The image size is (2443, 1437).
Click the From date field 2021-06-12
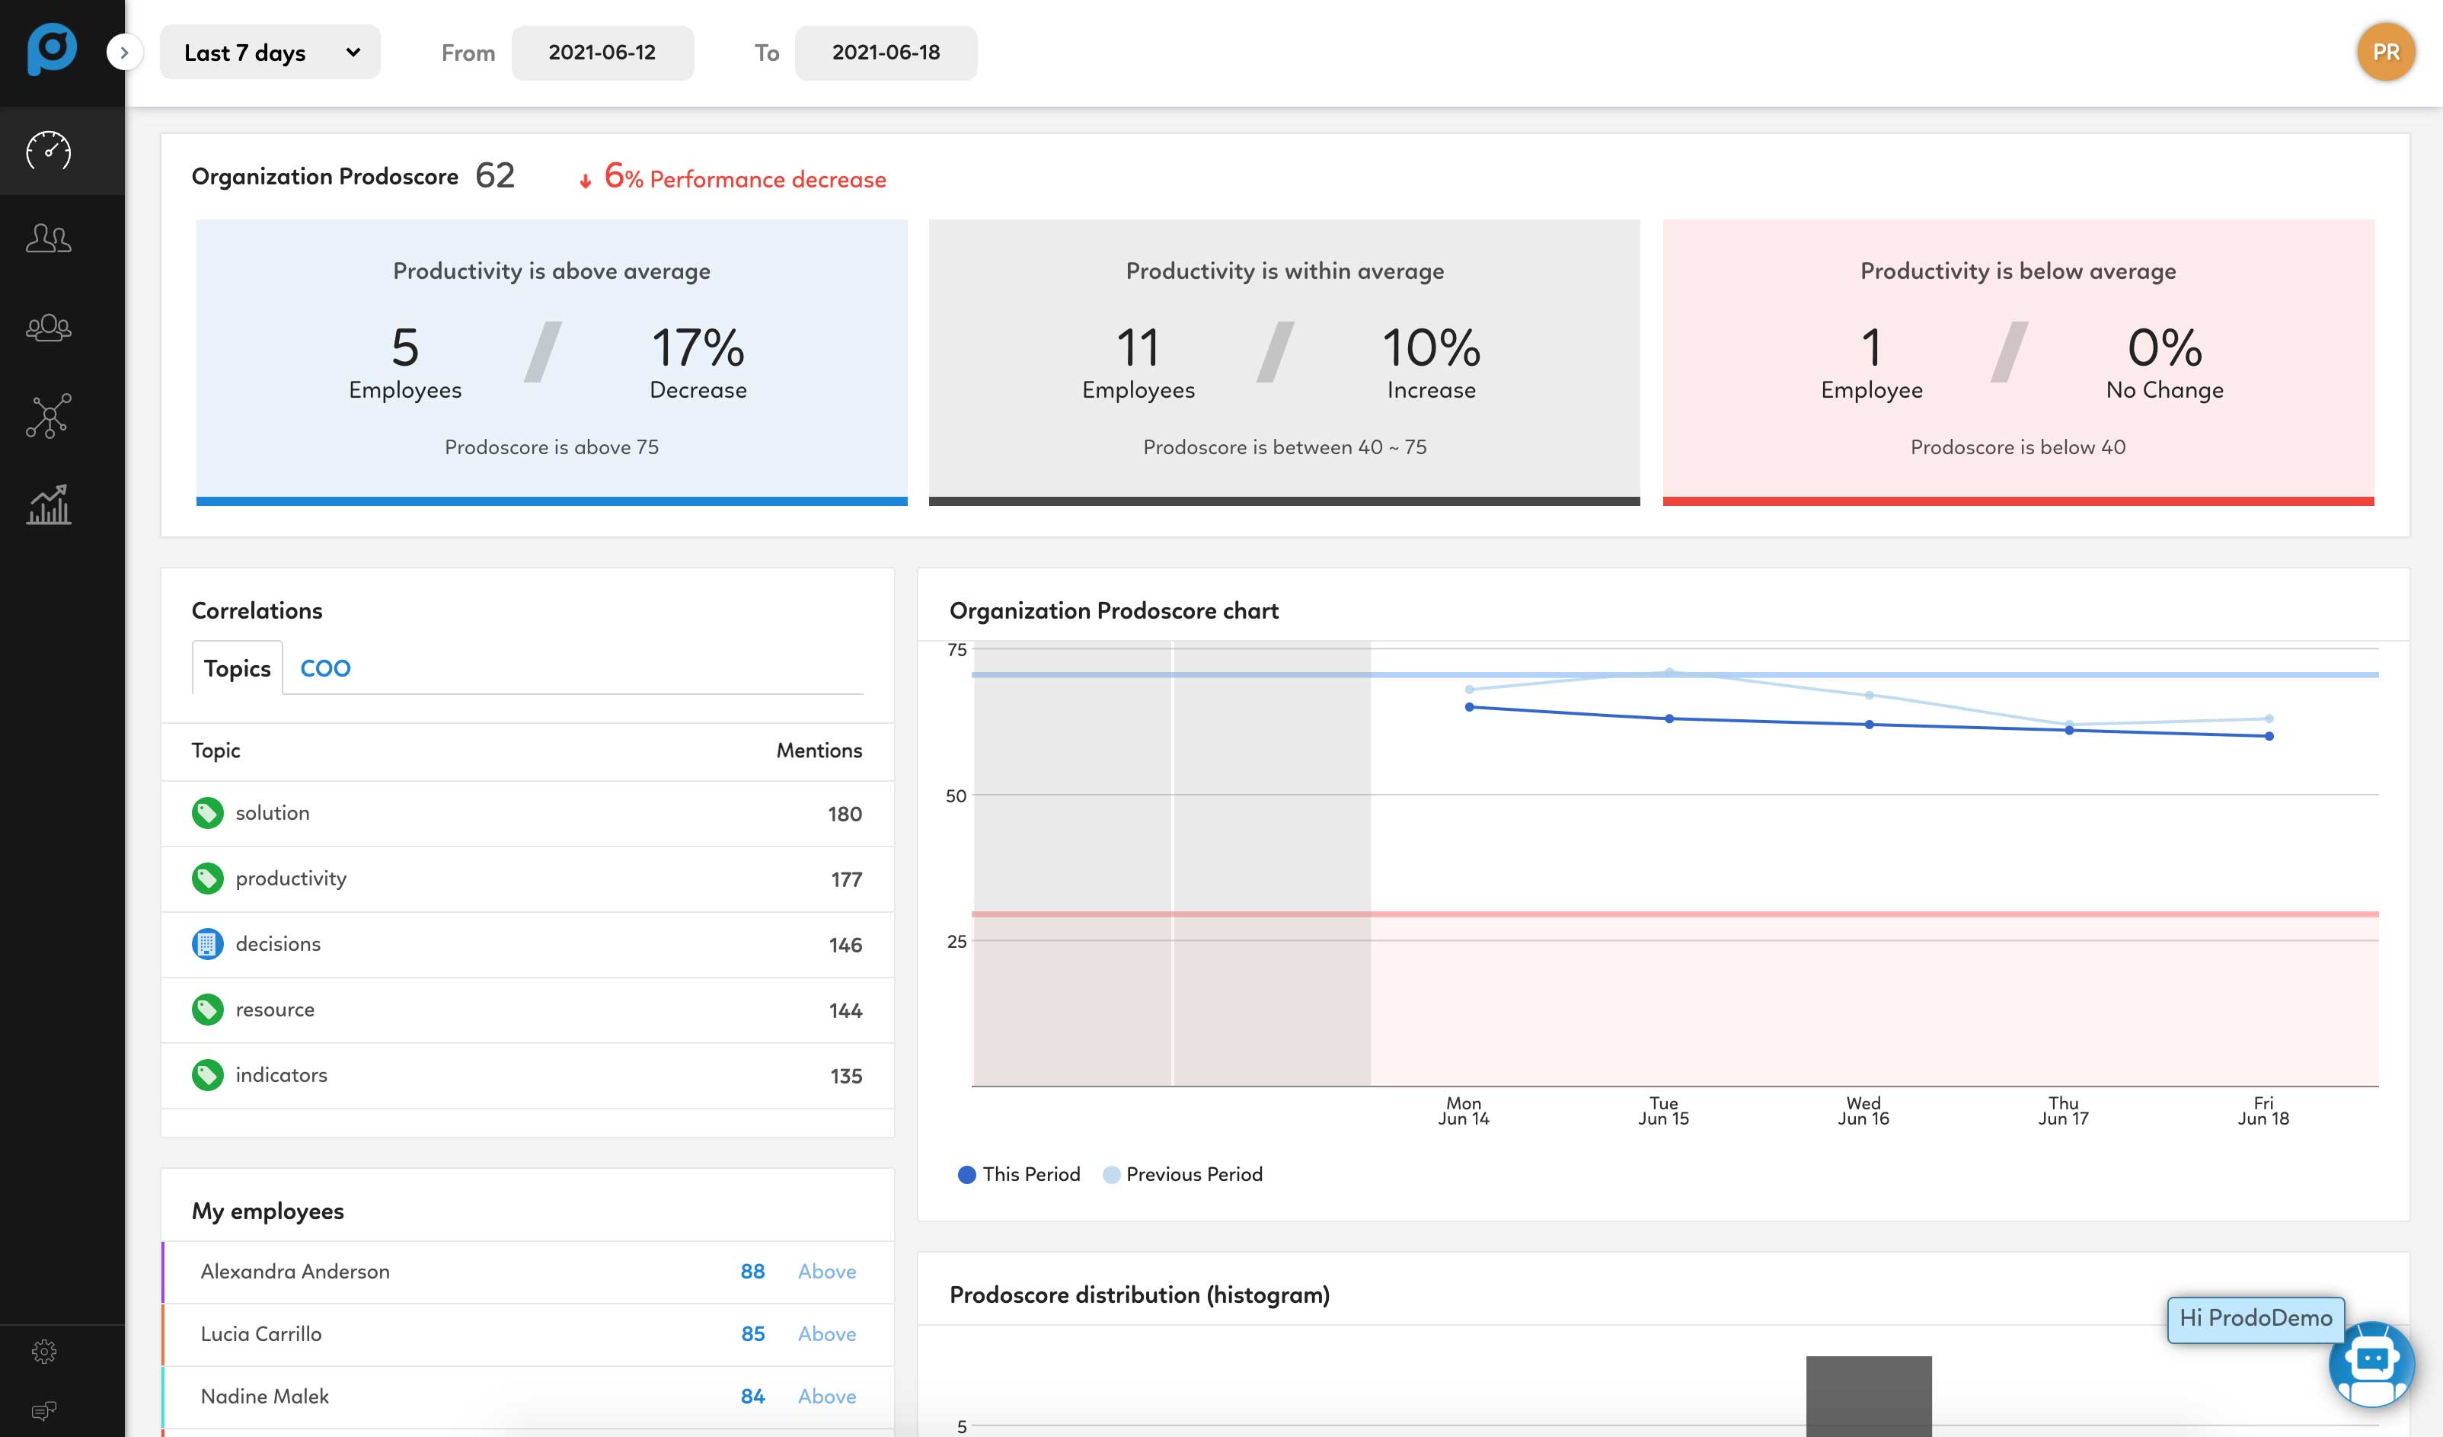(x=602, y=53)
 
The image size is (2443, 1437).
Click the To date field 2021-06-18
(x=885, y=53)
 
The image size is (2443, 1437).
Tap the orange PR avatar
(x=2386, y=53)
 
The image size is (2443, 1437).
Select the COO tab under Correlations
(x=324, y=668)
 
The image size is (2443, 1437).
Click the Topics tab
(x=237, y=668)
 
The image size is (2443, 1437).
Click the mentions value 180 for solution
(x=845, y=814)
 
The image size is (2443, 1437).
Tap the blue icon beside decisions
(x=206, y=943)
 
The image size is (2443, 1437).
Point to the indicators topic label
(x=281, y=1074)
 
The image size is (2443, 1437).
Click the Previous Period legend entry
(x=1183, y=1174)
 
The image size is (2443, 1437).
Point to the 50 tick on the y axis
(x=956, y=796)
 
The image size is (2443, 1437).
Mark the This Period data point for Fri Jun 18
(x=2269, y=736)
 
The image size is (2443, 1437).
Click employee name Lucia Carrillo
(x=260, y=1333)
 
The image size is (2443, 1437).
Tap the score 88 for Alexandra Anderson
(x=752, y=1271)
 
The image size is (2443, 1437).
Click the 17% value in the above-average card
(x=697, y=347)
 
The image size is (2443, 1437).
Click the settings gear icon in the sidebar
(x=45, y=1351)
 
